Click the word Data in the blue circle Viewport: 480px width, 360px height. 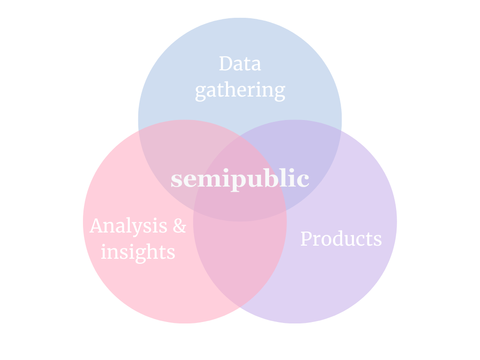click(240, 64)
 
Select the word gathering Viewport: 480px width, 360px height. click(240, 90)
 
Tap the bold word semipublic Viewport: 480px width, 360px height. click(240, 179)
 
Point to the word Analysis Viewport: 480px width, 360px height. click(128, 226)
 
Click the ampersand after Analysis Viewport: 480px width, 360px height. click(180, 226)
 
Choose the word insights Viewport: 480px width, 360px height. click(138, 252)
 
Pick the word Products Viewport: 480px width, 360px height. click(341, 239)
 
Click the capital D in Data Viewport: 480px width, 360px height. click(226, 64)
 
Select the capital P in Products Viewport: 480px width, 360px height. click(306, 239)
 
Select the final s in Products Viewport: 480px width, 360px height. click(378, 240)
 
